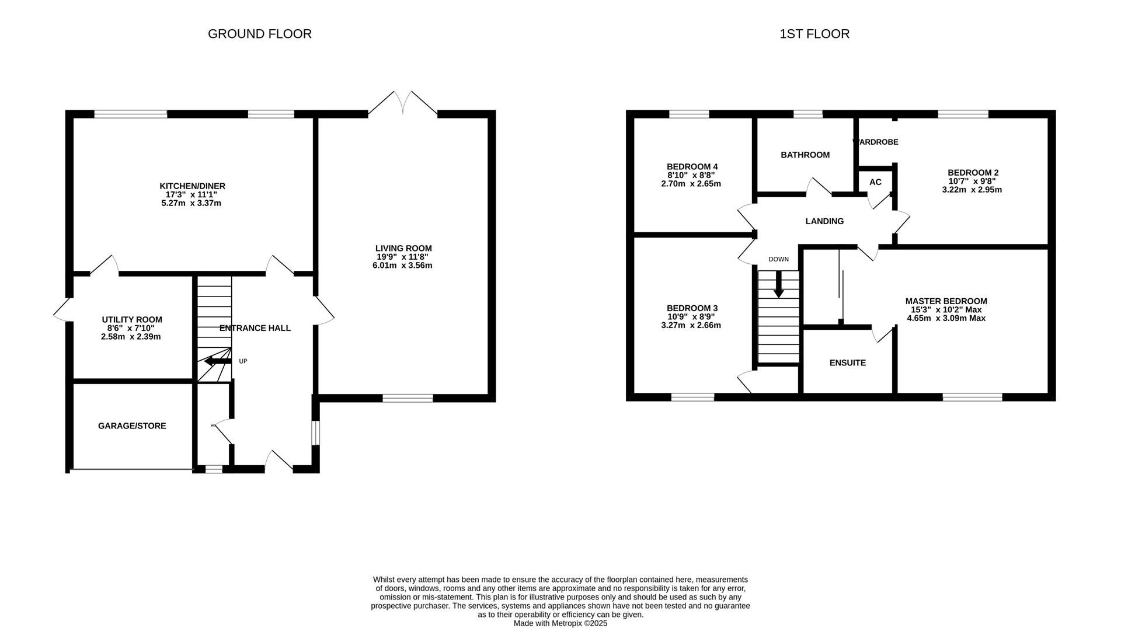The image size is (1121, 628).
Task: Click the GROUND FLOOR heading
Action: point(260,34)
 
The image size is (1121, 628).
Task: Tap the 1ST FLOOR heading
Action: point(814,34)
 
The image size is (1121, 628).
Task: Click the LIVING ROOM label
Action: point(403,248)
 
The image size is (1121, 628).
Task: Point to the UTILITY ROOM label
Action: point(132,320)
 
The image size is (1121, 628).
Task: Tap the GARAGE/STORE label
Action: point(132,426)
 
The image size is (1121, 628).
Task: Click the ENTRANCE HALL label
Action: point(255,328)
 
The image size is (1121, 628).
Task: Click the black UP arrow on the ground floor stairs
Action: point(217,361)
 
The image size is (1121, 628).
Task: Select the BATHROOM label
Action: point(805,155)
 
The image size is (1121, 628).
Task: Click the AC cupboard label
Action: point(875,182)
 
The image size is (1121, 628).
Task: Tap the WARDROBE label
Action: point(876,142)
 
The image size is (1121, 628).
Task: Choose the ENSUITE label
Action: point(848,362)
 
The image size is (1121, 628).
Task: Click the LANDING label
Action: point(824,221)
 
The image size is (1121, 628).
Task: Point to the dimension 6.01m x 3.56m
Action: point(402,266)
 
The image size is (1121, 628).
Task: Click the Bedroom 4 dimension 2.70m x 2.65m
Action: point(691,184)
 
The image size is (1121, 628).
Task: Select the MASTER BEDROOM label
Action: point(946,301)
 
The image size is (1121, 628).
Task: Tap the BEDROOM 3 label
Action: point(692,308)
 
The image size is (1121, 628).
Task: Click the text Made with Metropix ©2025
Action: point(560,623)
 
